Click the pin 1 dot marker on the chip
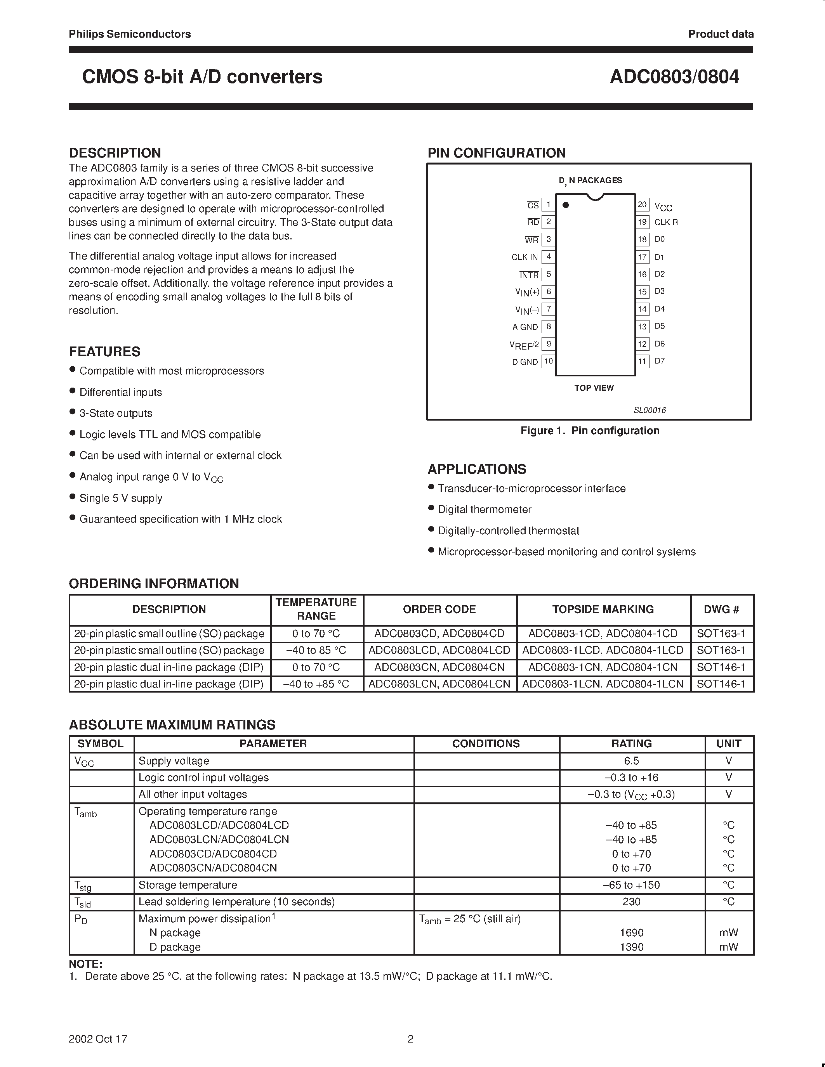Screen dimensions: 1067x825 coord(566,205)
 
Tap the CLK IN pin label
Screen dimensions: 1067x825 coord(525,257)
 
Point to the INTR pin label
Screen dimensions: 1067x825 coord(529,275)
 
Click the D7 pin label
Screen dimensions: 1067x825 coord(660,361)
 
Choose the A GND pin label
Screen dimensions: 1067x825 coord(525,327)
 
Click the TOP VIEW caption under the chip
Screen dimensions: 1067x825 coord(594,388)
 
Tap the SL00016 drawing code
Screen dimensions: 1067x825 coord(650,411)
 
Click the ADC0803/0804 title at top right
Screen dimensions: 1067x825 coord(674,77)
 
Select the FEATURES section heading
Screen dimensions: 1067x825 coord(104,352)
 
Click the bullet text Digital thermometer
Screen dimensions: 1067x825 coord(485,509)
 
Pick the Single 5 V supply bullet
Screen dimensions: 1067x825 coord(121,498)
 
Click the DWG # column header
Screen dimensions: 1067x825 coord(721,609)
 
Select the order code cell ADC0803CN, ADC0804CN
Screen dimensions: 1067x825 coord(439,667)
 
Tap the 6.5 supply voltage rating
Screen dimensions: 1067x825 coord(631,761)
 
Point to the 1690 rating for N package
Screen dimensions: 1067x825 coord(631,933)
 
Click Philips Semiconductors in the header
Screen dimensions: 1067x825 coord(130,34)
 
